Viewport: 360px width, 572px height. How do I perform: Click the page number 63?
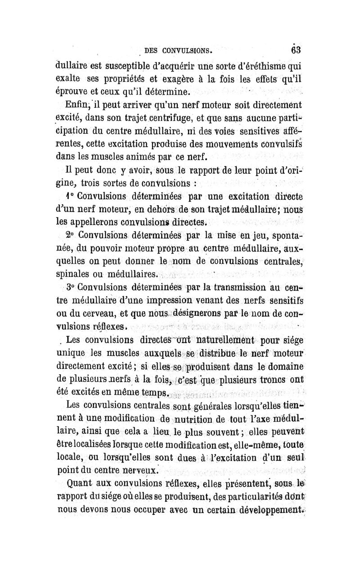tap(297, 48)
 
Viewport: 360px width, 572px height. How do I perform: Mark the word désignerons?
tap(207, 312)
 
